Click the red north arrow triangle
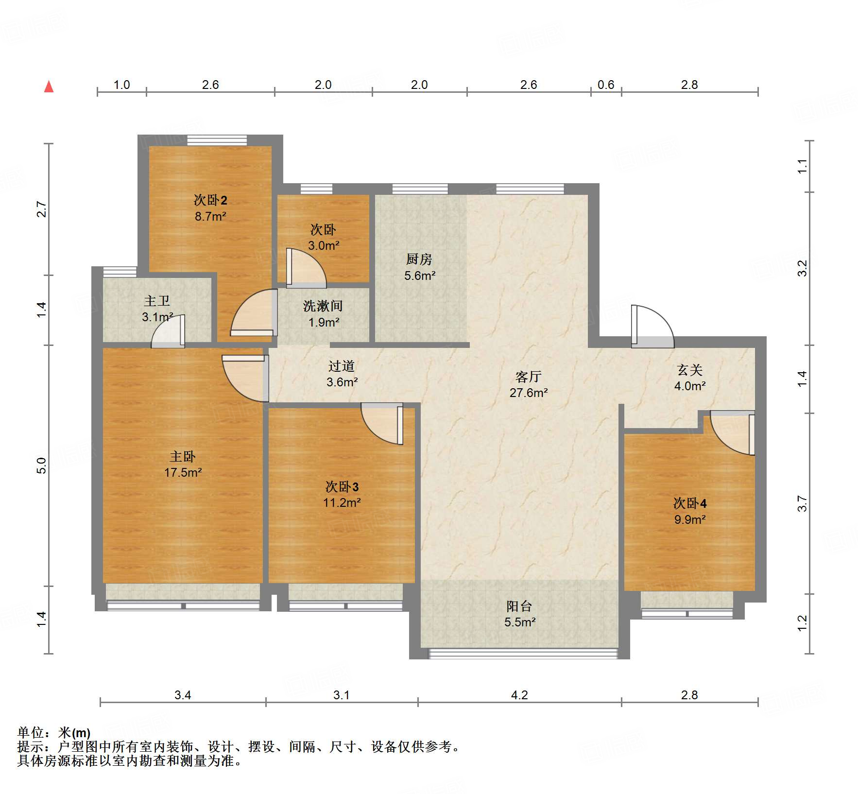pyautogui.click(x=49, y=87)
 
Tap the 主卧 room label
pyautogui.click(x=182, y=456)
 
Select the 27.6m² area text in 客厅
pyautogui.click(x=529, y=393)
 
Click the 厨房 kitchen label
pyautogui.click(x=419, y=259)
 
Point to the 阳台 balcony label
pyautogui.click(x=519, y=606)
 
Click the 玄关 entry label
pyautogui.click(x=689, y=370)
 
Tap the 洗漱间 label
pyautogui.click(x=323, y=306)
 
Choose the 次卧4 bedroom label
pyautogui.click(x=689, y=503)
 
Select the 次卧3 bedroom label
pyautogui.click(x=342, y=486)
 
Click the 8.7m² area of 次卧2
pyautogui.click(x=210, y=216)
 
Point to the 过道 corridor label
pyautogui.click(x=342, y=366)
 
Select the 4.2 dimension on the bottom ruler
pyautogui.click(x=519, y=695)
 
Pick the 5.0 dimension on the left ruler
pyautogui.click(x=42, y=465)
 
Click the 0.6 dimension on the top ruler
pyautogui.click(x=605, y=85)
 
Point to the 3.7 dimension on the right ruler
pyautogui.click(x=802, y=503)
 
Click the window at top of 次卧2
pyautogui.click(x=217, y=140)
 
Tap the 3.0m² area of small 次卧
pyautogui.click(x=323, y=245)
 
